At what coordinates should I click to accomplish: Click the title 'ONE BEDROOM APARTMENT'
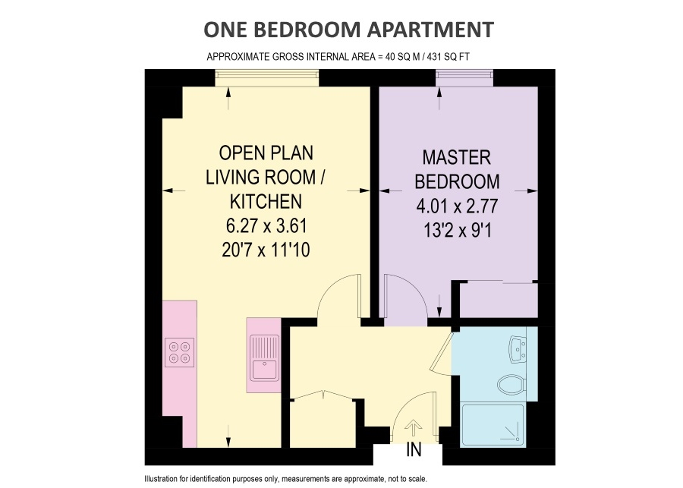pos(348,30)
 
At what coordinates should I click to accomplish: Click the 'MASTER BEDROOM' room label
pos(461,169)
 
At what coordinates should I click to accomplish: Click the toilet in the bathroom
pos(510,383)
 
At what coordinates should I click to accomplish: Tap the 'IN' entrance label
pos(414,449)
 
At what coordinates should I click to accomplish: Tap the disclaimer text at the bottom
pos(285,479)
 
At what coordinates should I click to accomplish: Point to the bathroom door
pos(442,354)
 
